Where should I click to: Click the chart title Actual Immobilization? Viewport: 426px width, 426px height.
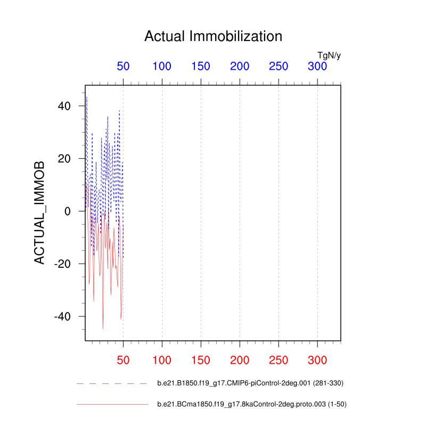pos(213,36)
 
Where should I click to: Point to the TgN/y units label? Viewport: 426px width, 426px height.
pos(329,55)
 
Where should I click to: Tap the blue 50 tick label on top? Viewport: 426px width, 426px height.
pos(123,67)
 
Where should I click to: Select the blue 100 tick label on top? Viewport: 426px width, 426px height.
pos(162,67)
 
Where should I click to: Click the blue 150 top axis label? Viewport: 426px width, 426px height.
pos(201,67)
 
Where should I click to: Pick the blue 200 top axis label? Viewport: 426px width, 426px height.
pos(240,67)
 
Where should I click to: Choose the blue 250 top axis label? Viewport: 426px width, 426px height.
pos(278,67)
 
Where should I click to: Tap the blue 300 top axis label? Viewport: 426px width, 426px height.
pos(317,67)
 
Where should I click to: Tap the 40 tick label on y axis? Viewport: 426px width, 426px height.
pos(64,106)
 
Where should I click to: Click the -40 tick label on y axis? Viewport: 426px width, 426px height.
pos(62,316)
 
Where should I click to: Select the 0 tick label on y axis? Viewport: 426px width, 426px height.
pos(68,211)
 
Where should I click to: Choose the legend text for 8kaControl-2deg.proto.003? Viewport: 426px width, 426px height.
pos(252,405)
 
